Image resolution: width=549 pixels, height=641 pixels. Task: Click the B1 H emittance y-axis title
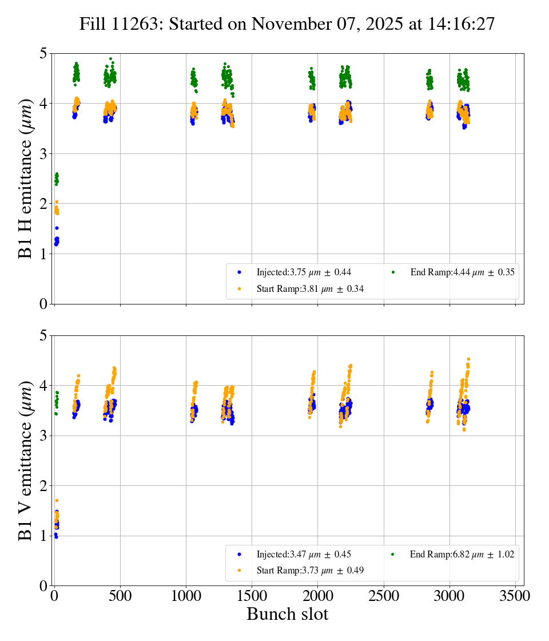point(26,179)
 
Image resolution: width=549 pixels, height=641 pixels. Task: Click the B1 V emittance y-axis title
point(26,461)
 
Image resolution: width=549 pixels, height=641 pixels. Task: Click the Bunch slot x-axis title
point(287,614)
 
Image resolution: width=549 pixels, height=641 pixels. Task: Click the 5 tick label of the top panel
point(43,54)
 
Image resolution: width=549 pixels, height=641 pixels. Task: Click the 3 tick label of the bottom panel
point(43,436)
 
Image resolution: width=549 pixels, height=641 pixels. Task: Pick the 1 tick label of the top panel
point(43,254)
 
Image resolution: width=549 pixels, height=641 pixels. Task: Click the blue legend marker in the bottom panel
point(239,555)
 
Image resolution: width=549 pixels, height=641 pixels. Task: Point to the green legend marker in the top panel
point(393,272)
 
